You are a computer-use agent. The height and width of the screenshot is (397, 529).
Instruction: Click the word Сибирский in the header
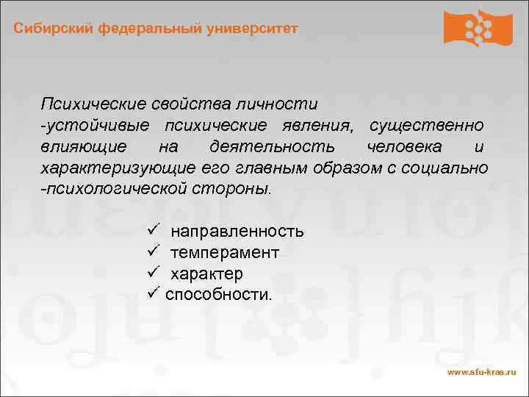coord(47,29)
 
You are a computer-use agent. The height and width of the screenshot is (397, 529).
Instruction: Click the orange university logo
coord(478,28)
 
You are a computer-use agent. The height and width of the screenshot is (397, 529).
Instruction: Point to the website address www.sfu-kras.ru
coord(482,373)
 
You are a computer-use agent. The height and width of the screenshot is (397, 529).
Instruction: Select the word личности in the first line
coord(283,105)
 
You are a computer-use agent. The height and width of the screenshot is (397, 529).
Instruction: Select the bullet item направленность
coord(237,232)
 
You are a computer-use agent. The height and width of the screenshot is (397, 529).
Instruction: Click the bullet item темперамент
coord(225,252)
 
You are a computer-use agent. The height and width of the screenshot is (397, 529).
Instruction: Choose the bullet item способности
coord(218,294)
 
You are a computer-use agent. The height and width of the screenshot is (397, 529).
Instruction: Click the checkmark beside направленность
coord(154,231)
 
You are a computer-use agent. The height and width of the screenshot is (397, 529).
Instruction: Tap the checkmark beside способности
coord(154,293)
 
